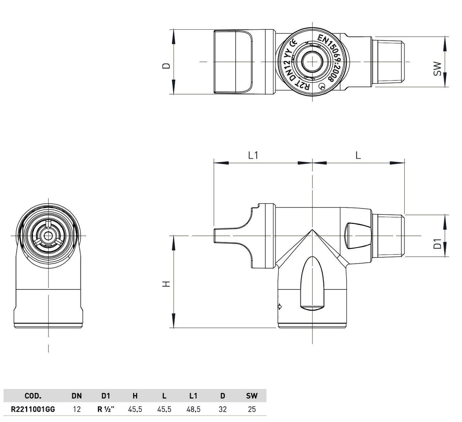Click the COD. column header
coord(33,396)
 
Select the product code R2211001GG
coord(33,409)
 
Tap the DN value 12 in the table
coord(77,409)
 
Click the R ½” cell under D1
coord(106,409)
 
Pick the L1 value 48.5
coord(193,409)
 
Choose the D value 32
coord(222,409)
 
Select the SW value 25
coord(252,409)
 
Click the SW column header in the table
coord(252,396)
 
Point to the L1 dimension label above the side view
coord(253,156)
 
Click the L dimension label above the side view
coord(358,156)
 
